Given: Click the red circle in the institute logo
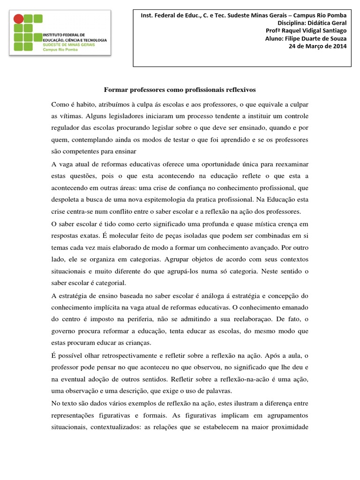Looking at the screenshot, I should (18, 19).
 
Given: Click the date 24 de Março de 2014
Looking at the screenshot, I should (320, 47).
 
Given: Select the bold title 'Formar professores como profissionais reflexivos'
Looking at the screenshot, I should (180, 89).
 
